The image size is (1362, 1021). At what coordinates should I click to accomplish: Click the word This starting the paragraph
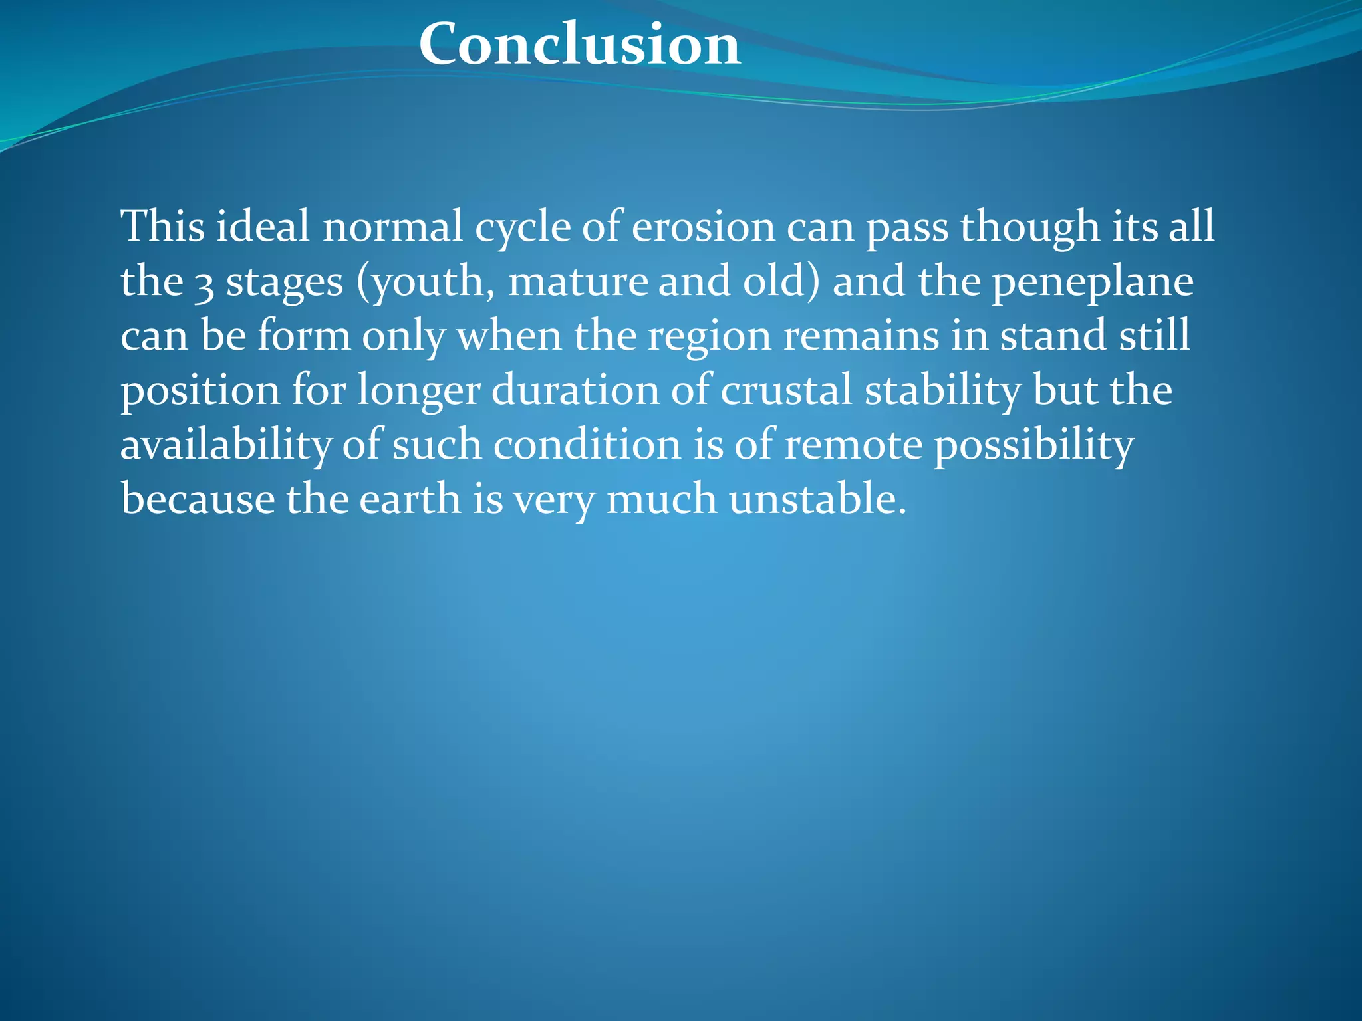162,226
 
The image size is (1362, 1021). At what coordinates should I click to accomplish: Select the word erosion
703,226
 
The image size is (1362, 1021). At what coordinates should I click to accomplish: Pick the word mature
577,281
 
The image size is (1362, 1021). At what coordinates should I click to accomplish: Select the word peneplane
1093,282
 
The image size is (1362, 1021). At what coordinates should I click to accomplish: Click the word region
709,336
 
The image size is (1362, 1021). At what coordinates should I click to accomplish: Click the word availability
225,445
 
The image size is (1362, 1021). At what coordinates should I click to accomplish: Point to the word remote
853,445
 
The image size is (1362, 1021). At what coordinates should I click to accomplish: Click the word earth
410,499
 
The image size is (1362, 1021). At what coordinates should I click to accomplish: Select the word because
198,499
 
